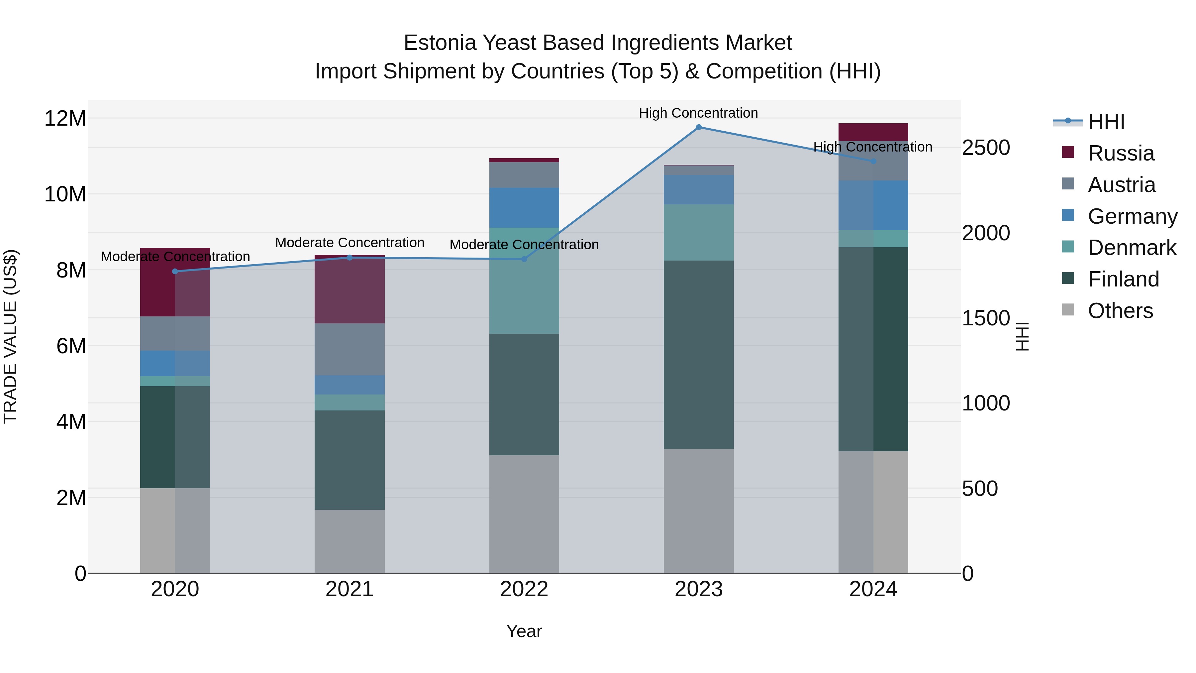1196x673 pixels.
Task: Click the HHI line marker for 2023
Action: (x=698, y=127)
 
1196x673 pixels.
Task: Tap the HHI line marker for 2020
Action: (x=175, y=271)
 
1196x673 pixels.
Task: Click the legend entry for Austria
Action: (x=1121, y=185)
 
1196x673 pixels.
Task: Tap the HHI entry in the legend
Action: (x=1106, y=122)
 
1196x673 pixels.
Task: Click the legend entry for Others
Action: (x=1120, y=311)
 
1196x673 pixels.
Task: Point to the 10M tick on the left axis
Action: (x=65, y=194)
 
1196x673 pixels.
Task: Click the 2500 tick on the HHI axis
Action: (x=985, y=148)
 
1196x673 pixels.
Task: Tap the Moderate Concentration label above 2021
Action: (x=349, y=243)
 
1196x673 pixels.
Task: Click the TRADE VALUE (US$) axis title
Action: (x=10, y=336)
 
